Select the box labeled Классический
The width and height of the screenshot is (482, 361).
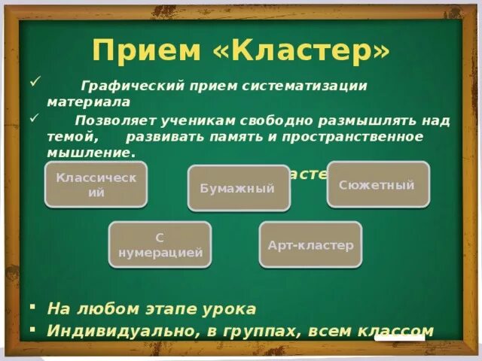96,184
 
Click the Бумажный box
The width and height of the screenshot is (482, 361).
238,188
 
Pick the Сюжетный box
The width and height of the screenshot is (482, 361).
377,184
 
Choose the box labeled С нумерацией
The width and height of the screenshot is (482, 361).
160,244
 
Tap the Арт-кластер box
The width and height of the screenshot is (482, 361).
310,244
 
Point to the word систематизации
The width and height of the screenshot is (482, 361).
309,86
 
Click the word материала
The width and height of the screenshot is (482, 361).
89,101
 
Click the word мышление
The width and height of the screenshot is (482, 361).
89,152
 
